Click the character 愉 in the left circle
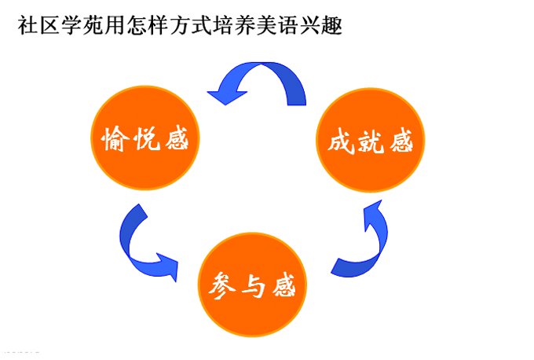click(x=115, y=141)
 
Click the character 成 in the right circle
click(x=339, y=142)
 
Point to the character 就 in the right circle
click(x=370, y=142)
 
